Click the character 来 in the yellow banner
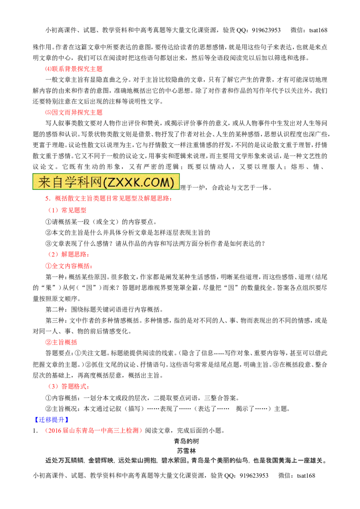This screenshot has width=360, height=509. [x=44, y=182]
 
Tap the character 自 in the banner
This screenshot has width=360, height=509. [x=57, y=182]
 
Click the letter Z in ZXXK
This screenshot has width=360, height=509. [x=111, y=182]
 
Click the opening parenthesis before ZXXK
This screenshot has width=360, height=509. [x=104, y=182]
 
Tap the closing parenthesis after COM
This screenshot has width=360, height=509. [x=172, y=182]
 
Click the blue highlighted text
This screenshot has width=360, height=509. [x=51, y=420]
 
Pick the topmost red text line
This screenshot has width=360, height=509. [x=74, y=69]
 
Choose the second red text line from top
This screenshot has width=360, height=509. [x=74, y=112]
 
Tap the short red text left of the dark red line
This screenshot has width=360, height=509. [x=67, y=210]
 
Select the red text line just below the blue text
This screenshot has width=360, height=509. [x=93, y=430]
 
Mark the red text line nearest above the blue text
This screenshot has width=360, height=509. [x=68, y=386]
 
